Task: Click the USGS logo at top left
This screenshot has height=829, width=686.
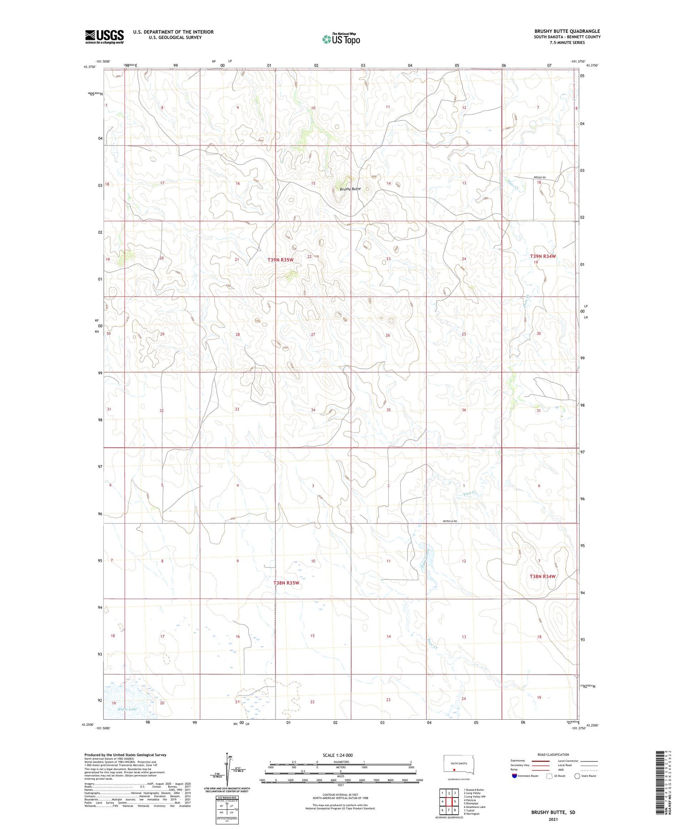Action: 104,37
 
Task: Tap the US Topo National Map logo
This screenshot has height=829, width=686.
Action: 341,39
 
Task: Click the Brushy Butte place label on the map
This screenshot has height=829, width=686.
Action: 350,189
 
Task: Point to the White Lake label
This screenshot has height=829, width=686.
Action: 127,709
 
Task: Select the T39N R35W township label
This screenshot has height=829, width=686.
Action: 280,260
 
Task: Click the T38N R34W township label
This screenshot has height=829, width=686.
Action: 542,577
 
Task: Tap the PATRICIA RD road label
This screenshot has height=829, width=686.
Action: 450,521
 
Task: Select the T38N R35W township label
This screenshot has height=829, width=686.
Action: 286,583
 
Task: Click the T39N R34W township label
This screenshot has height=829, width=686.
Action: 543,257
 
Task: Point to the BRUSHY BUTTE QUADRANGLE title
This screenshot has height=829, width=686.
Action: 567,31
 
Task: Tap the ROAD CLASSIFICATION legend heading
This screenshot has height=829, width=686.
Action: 553,755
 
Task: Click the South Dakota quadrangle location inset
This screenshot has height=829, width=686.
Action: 459,765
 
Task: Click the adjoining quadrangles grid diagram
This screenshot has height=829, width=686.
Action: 449,802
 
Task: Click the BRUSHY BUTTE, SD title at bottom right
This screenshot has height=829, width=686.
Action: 553,813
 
